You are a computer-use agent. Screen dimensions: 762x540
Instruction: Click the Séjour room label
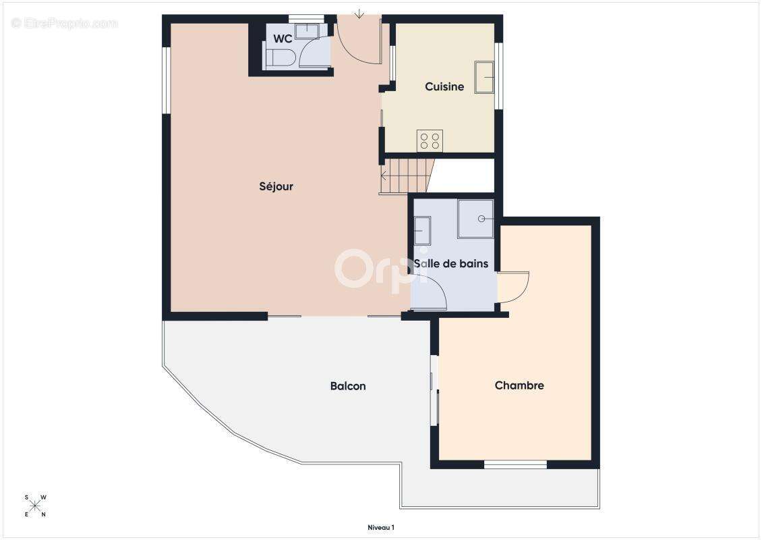tap(276, 186)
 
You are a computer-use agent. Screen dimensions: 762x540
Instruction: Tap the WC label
tap(283, 38)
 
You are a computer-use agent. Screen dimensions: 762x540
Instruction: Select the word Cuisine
tap(444, 86)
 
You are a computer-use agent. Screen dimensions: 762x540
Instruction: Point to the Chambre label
tap(519, 385)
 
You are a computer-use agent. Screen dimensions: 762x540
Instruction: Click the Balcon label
tap(348, 386)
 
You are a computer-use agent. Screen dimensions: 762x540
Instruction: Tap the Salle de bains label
tap(451, 264)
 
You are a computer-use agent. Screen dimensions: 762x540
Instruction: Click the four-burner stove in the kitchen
tap(430, 141)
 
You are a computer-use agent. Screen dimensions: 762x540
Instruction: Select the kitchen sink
tap(484, 77)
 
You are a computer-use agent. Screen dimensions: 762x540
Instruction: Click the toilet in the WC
tap(281, 59)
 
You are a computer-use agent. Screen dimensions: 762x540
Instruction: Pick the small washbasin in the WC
tap(307, 30)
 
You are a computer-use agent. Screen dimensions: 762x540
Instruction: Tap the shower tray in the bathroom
tap(476, 219)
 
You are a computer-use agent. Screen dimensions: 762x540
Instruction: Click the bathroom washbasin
tap(422, 230)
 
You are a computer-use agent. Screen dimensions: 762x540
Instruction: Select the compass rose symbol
tap(35, 506)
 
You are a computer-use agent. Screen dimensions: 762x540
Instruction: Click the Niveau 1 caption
tap(381, 527)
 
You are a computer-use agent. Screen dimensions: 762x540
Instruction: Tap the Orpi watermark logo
tap(382, 269)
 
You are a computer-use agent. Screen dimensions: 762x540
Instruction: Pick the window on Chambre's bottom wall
tap(516, 465)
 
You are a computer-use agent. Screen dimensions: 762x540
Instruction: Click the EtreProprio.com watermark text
tap(65, 23)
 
